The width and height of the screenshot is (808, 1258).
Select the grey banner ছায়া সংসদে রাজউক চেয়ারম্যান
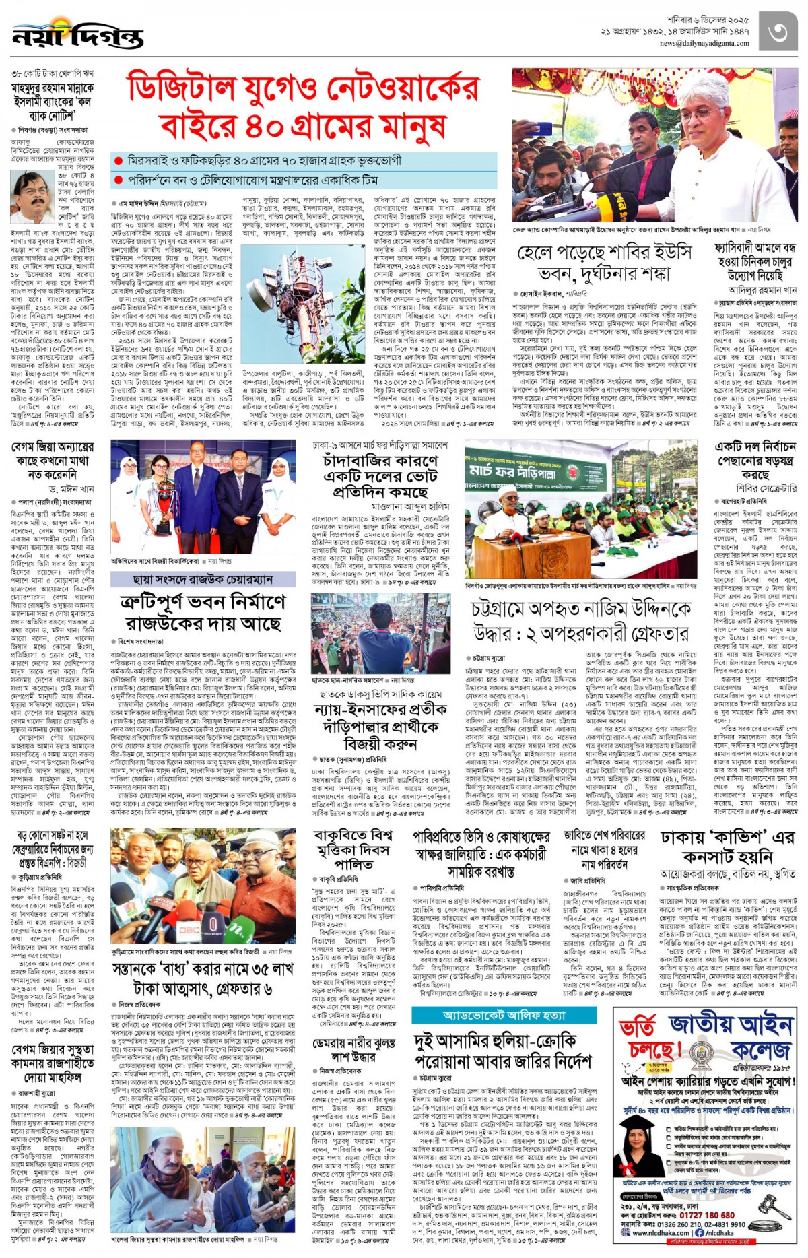203,579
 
